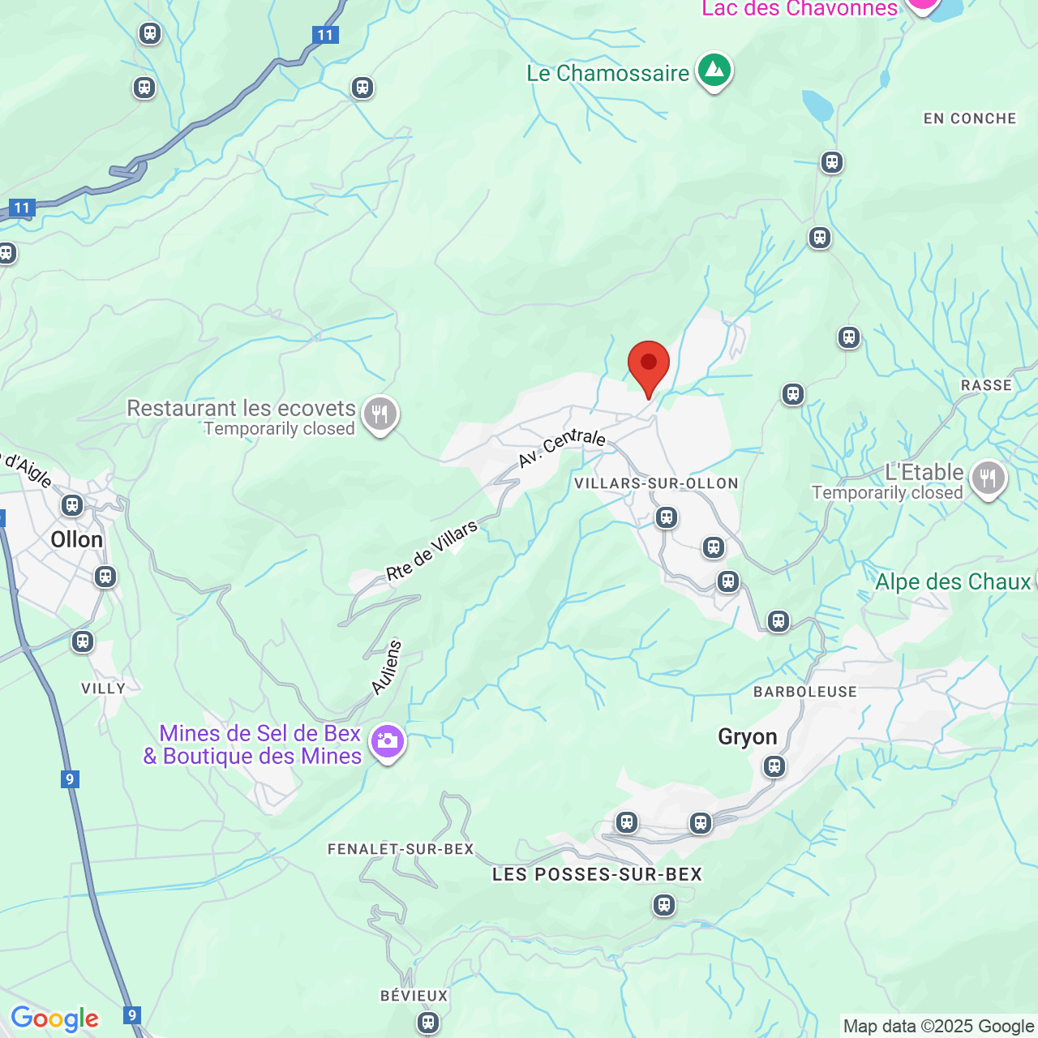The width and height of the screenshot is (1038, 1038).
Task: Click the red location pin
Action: coord(649,365)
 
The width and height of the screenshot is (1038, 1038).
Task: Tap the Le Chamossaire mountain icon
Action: coord(714,71)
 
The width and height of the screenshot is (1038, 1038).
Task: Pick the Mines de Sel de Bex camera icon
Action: coord(388,741)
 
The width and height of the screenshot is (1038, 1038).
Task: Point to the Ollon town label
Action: coord(76,540)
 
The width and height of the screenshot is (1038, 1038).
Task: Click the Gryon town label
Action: coord(747,737)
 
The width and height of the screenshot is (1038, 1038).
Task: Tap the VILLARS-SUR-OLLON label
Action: coord(656,484)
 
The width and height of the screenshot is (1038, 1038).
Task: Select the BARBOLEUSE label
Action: coord(804,692)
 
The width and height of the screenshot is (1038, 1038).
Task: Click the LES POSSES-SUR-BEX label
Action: coord(597,874)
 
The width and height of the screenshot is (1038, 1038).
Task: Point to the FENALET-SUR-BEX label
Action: coord(401,849)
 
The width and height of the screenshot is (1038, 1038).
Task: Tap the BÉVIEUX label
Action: coord(414,996)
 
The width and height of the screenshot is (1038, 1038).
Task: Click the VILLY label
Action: coord(104,688)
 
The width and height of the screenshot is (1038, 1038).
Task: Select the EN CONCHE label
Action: coord(969,119)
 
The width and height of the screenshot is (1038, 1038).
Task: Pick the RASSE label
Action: coord(986,386)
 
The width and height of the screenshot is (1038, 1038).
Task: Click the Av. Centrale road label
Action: coord(562,448)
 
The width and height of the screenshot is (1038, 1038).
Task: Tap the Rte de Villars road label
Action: coord(432,551)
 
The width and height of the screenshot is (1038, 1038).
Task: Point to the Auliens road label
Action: coord(387,667)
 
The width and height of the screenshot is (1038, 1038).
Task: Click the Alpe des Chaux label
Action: coord(953,582)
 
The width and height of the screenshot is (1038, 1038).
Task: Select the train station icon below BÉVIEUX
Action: coord(428,1023)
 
